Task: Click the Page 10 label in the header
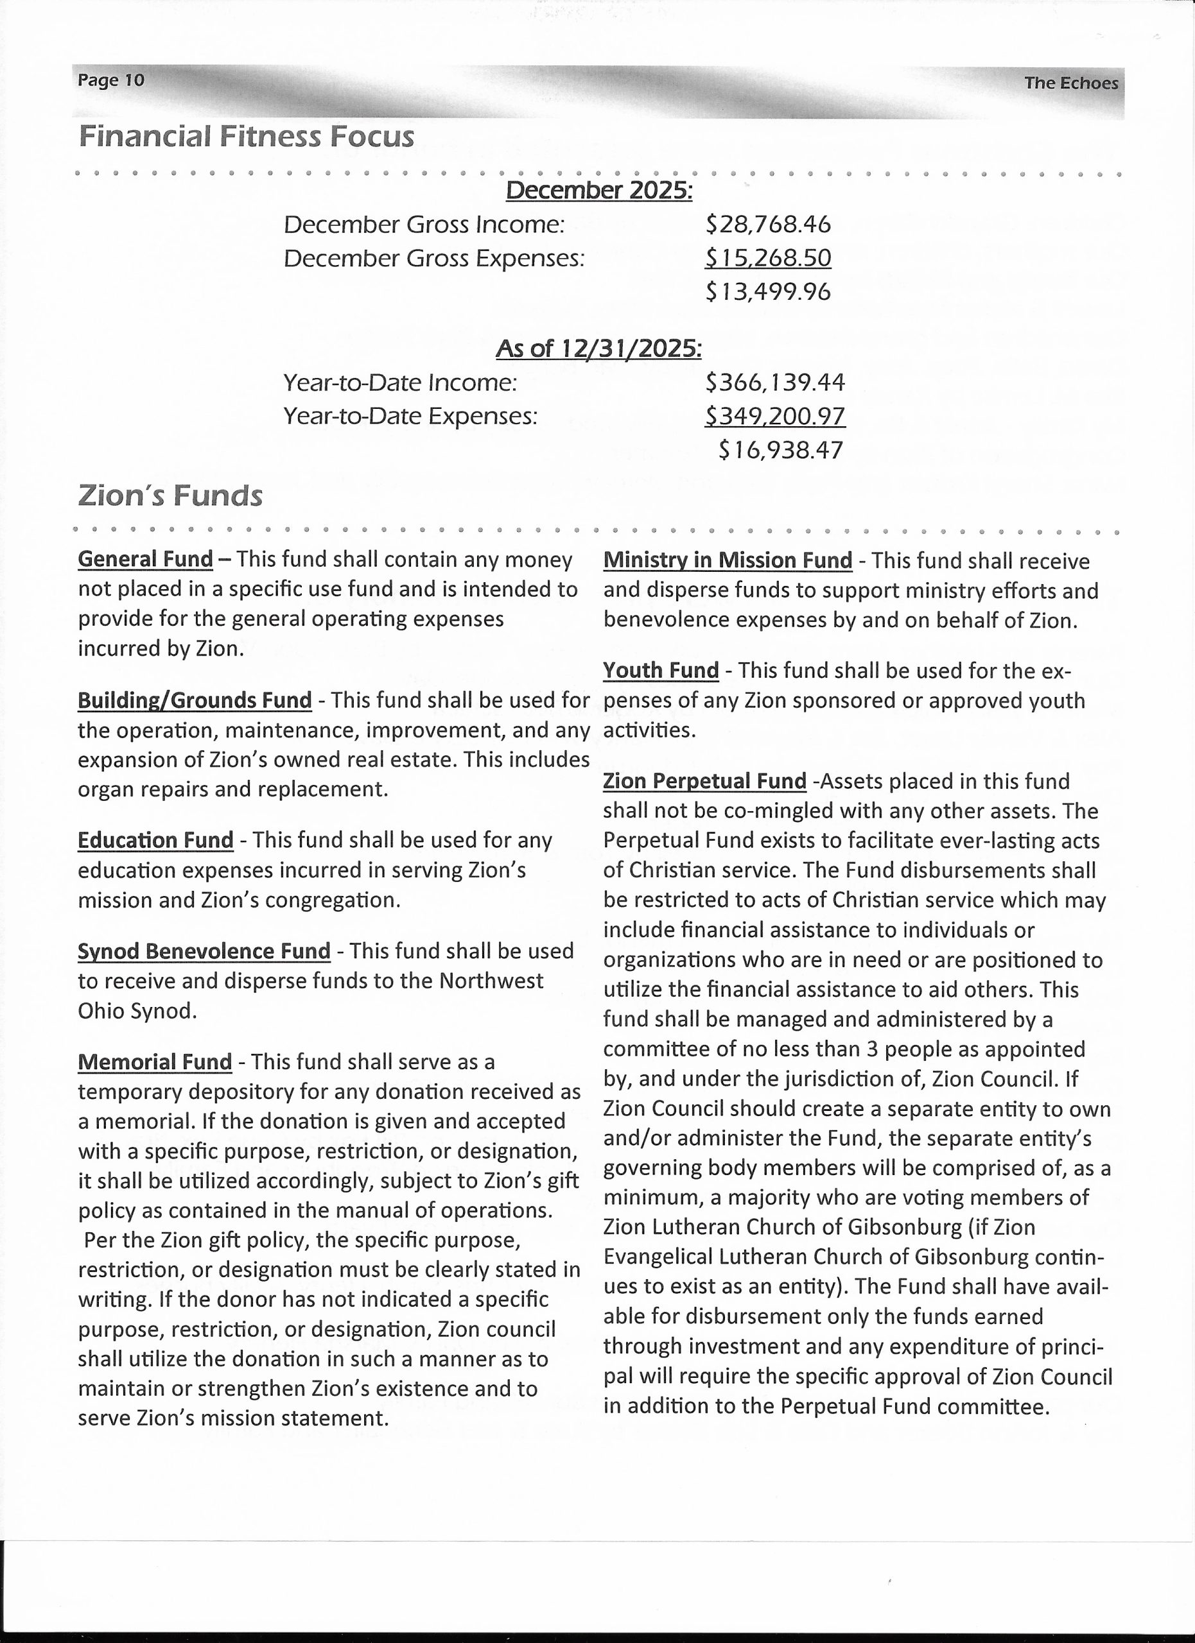pyautogui.click(x=111, y=80)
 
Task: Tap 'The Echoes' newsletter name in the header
pyautogui.click(x=1070, y=83)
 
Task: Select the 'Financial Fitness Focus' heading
pyautogui.click(x=247, y=137)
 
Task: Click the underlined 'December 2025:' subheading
pyautogui.click(x=598, y=191)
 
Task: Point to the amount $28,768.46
pyautogui.click(x=767, y=225)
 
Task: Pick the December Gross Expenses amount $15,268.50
pyautogui.click(x=767, y=258)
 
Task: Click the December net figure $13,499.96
pyautogui.click(x=767, y=292)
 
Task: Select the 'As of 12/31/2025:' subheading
pyautogui.click(x=598, y=349)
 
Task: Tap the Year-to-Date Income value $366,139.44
pyautogui.click(x=774, y=383)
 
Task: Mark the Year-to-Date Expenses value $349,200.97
pyautogui.click(x=774, y=416)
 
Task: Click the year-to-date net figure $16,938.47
pyautogui.click(x=780, y=451)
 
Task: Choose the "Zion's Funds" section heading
pyautogui.click(x=170, y=496)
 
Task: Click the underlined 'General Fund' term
pyautogui.click(x=145, y=559)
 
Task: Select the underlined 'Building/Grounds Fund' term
pyautogui.click(x=194, y=700)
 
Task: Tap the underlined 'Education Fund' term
pyautogui.click(x=155, y=840)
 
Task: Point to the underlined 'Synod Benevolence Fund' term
pyautogui.click(x=204, y=951)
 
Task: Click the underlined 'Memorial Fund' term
pyautogui.click(x=154, y=1062)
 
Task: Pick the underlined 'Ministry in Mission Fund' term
pyautogui.click(x=728, y=561)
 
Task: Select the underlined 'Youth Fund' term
pyautogui.click(x=661, y=671)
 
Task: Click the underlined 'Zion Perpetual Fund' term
pyautogui.click(x=704, y=781)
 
